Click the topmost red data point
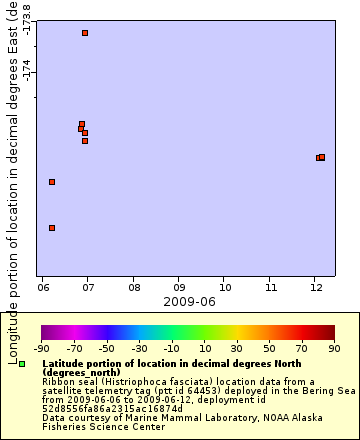pyautogui.click(x=85, y=33)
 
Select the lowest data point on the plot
pyautogui.click(x=52, y=228)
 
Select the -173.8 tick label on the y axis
pyautogui.click(x=27, y=23)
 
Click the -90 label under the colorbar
pyautogui.click(x=42, y=348)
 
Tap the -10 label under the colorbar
pyautogui.click(x=172, y=348)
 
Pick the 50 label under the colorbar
pyautogui.click(x=270, y=348)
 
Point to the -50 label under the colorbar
pyautogui.click(x=107, y=348)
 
